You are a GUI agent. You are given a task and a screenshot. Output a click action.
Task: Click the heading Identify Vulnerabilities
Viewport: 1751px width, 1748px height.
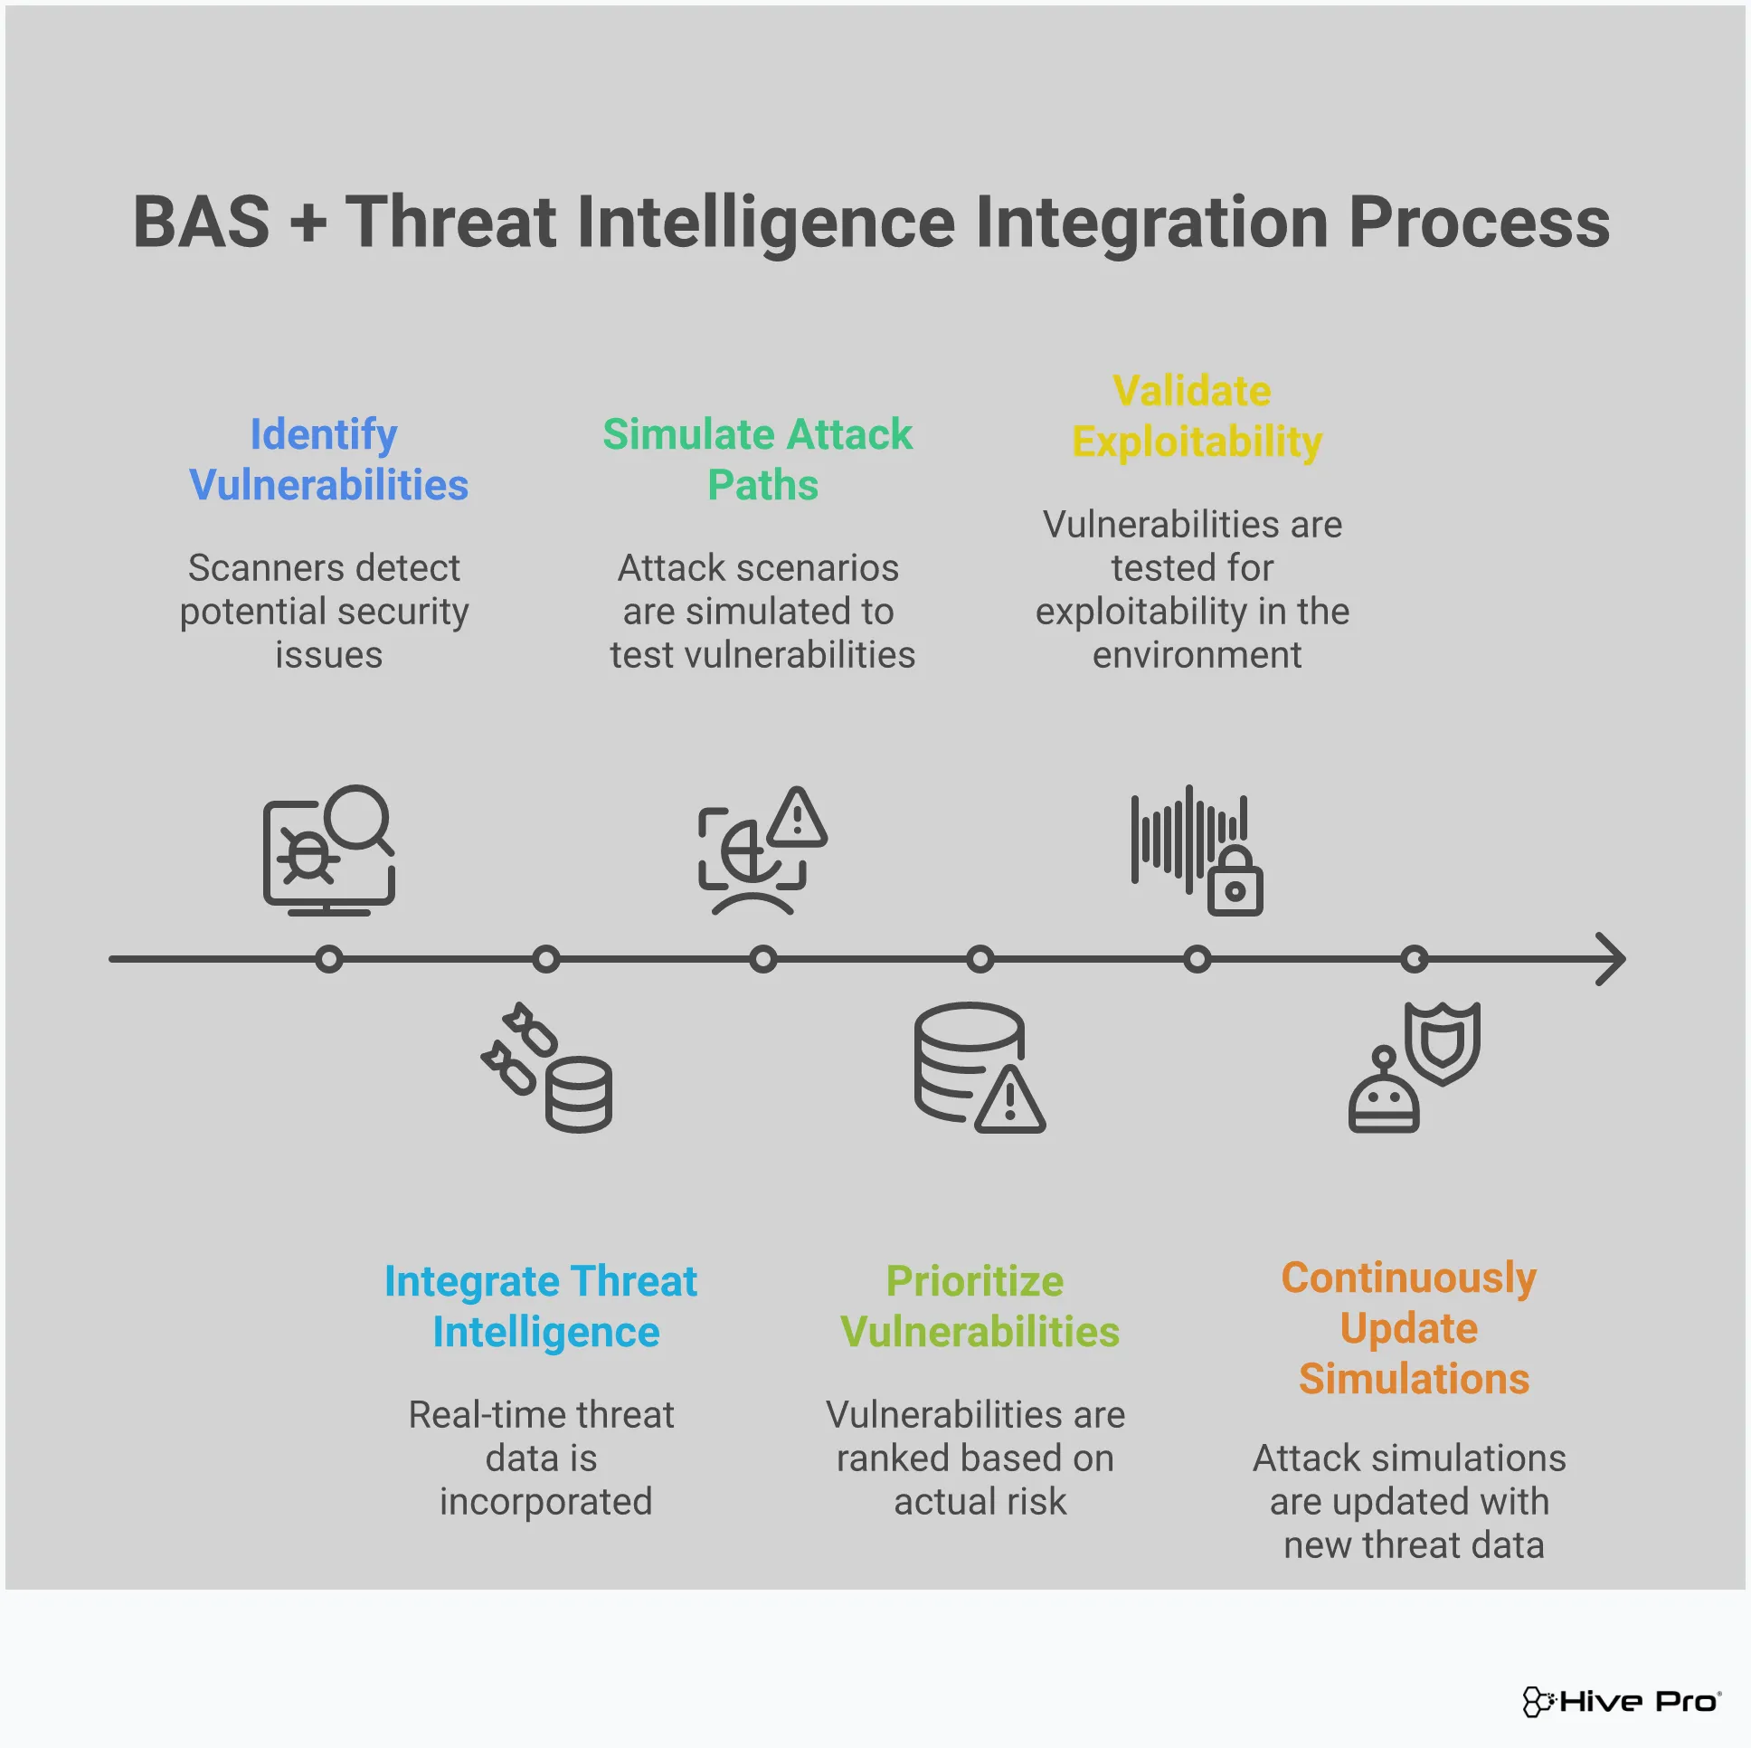click(x=328, y=460)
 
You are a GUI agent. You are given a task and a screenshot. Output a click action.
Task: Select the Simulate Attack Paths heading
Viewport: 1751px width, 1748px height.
click(x=759, y=460)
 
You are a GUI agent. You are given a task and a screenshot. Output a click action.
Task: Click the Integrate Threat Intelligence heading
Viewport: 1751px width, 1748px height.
click(x=542, y=1306)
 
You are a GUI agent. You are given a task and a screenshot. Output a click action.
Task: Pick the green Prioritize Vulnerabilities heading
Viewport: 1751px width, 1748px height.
click(x=979, y=1306)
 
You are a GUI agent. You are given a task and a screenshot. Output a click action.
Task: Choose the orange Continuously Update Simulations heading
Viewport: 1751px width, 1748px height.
click(x=1410, y=1328)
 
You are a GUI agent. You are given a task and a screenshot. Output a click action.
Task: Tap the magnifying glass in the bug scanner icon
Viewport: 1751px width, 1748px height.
click(x=357, y=817)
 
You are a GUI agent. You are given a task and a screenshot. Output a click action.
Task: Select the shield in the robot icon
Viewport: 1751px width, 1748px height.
click(x=1442, y=1042)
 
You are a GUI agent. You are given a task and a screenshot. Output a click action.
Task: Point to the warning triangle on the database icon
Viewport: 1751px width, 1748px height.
click(x=1010, y=1103)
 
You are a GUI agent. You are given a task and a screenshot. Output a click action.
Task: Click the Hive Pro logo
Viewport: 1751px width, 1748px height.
click(x=1622, y=1702)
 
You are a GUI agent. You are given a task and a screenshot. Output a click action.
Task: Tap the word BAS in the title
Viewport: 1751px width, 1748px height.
click(x=201, y=223)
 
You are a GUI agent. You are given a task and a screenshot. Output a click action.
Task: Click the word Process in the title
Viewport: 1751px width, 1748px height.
click(x=1479, y=223)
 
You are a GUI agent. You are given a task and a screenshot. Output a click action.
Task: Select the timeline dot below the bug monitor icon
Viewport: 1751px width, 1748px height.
click(x=329, y=959)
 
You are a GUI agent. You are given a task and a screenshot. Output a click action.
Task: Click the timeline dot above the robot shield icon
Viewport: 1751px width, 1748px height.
click(x=1414, y=959)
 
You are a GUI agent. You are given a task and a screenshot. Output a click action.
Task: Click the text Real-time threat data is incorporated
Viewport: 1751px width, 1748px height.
click(x=542, y=1458)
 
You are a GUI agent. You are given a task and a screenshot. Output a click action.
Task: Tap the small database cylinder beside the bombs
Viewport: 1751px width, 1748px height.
click(x=579, y=1095)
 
